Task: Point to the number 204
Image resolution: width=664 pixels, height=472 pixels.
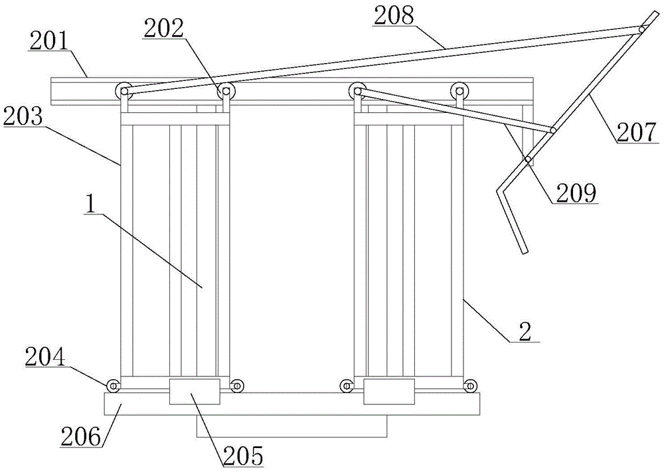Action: pyautogui.click(x=44, y=357)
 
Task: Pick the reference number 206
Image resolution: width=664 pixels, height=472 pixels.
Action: pyautogui.click(x=81, y=437)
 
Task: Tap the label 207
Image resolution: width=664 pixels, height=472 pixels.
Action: pyautogui.click(x=637, y=133)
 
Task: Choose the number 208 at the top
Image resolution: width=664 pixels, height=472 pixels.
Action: pyautogui.click(x=393, y=17)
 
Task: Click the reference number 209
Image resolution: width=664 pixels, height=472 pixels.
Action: pyautogui.click(x=576, y=193)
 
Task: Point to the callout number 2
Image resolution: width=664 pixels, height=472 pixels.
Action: pyautogui.click(x=525, y=333)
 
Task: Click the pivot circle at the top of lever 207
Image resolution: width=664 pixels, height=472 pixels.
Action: pyautogui.click(x=642, y=29)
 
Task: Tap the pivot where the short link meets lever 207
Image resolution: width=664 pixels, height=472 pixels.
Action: pyautogui.click(x=553, y=130)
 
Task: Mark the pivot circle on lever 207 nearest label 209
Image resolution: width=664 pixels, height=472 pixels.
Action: pyautogui.click(x=528, y=159)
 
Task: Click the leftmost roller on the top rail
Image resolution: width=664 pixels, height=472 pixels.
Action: pyautogui.click(x=124, y=90)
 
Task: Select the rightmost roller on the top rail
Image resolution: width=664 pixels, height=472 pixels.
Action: pyautogui.click(x=459, y=90)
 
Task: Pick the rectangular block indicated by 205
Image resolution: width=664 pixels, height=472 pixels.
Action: pyautogui.click(x=195, y=392)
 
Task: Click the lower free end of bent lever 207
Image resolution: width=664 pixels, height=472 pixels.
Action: pyautogui.click(x=525, y=252)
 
